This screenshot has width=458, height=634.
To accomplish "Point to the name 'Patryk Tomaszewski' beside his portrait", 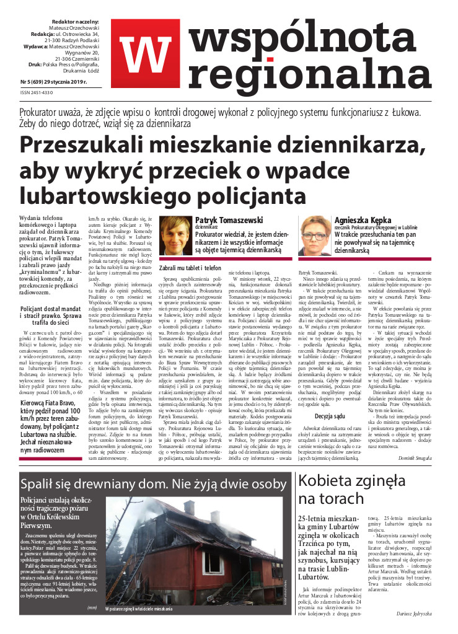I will [x=229, y=220].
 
